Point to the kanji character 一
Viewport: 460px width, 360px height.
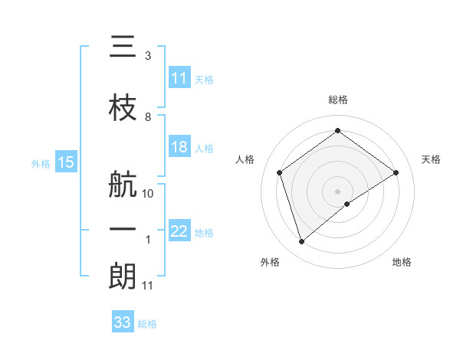(x=123, y=228)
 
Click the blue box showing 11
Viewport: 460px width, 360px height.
(x=179, y=78)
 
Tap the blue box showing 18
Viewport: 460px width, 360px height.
(x=179, y=147)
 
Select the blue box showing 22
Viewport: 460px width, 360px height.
(x=179, y=232)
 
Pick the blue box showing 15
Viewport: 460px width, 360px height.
(x=65, y=162)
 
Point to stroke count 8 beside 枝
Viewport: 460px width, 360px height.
(x=148, y=117)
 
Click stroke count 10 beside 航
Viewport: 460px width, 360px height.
(x=149, y=194)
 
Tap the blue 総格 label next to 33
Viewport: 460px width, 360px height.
(x=147, y=324)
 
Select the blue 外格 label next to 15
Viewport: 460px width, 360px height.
(x=40, y=163)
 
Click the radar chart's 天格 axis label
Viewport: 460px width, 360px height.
(x=432, y=159)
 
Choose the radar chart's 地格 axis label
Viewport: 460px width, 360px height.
(x=402, y=262)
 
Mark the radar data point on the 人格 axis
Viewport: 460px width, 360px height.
(x=280, y=172)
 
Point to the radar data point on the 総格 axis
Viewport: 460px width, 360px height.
(x=337, y=131)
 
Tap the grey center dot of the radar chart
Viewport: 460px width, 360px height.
(x=337, y=190)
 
